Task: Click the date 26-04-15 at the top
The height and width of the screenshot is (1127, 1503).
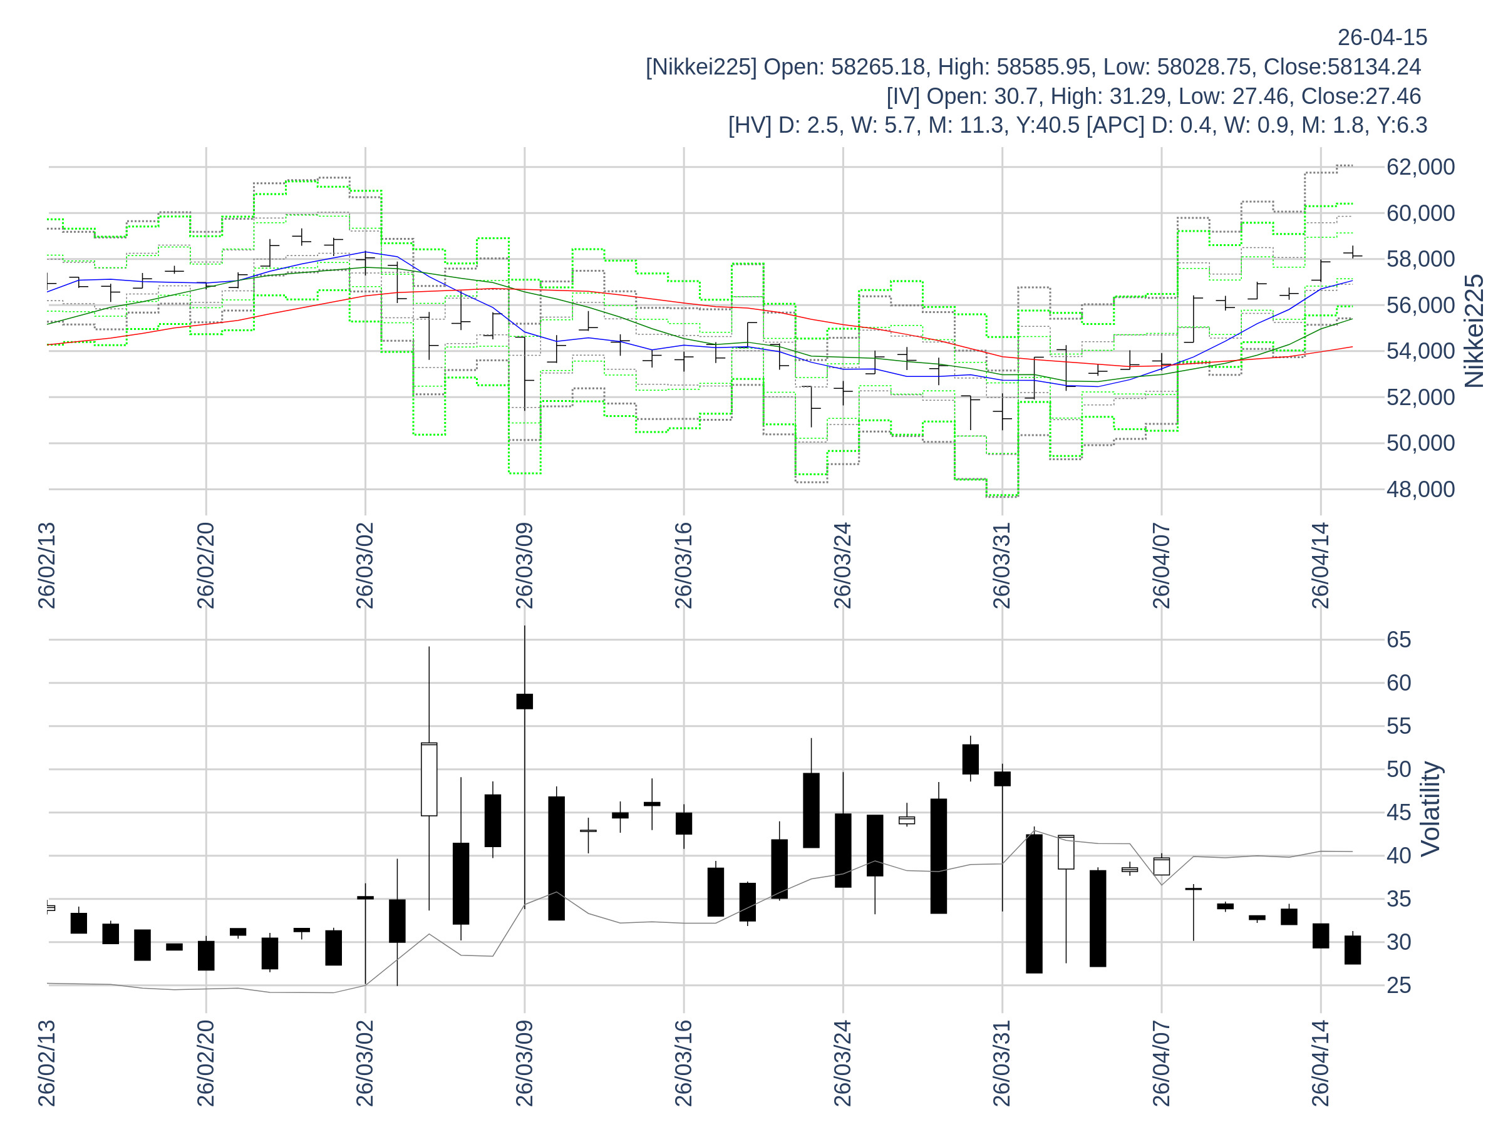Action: (1382, 38)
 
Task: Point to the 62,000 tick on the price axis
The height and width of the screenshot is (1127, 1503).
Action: (1420, 167)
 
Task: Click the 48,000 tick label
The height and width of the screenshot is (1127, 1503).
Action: (1420, 489)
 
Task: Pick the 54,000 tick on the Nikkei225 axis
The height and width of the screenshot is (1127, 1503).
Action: (1420, 351)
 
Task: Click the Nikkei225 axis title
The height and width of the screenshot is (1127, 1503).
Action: (1474, 331)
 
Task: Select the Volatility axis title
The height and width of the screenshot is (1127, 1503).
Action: (1430, 808)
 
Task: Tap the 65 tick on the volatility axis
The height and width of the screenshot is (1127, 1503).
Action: (1399, 640)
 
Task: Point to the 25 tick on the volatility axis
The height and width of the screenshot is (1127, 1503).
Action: (1399, 985)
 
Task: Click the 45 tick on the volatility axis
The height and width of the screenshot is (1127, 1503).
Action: (1399, 813)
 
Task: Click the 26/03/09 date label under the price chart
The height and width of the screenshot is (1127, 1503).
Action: (524, 565)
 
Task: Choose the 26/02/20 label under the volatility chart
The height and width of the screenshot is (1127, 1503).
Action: (206, 1063)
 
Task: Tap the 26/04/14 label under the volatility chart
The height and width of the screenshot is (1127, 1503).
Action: (1320, 1063)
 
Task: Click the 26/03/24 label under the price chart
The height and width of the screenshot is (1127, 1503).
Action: (842, 565)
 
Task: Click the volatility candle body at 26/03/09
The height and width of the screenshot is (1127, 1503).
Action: (525, 701)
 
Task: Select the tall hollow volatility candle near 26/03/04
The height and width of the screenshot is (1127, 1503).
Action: (429, 779)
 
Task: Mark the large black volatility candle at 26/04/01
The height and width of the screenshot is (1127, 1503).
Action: (1034, 903)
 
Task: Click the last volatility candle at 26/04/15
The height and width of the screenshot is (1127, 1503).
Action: (1352, 950)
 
